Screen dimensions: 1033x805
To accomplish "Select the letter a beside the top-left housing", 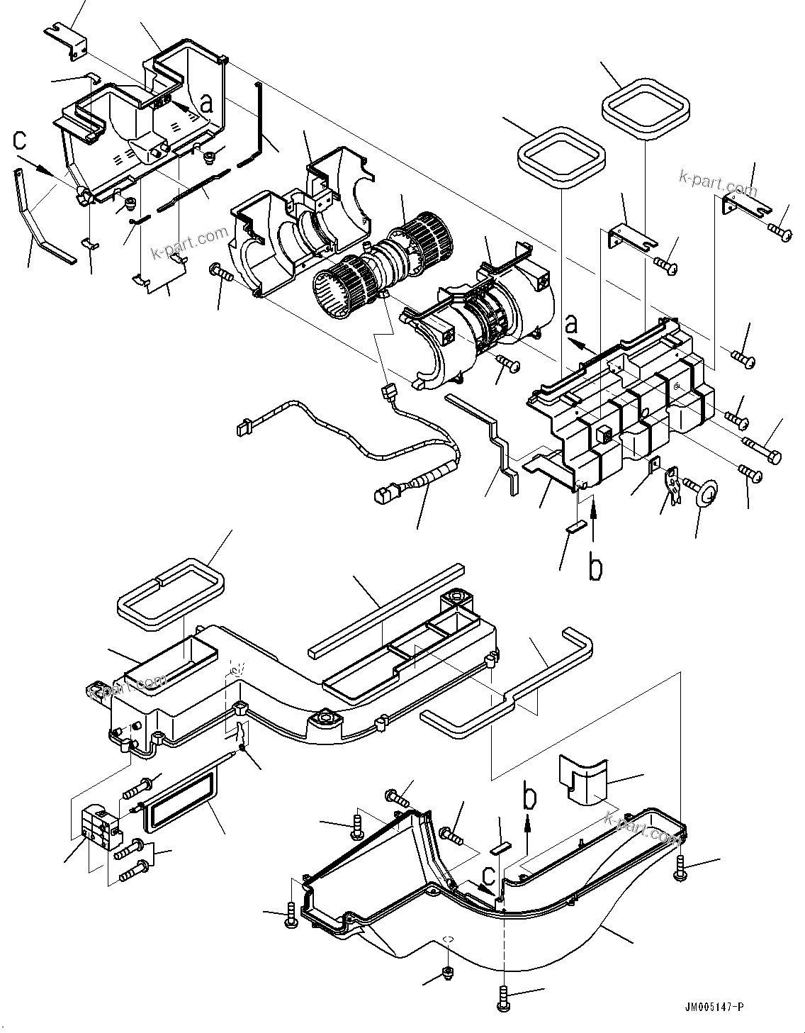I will tap(206, 104).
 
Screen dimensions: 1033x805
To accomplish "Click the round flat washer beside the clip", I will tap(702, 493).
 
